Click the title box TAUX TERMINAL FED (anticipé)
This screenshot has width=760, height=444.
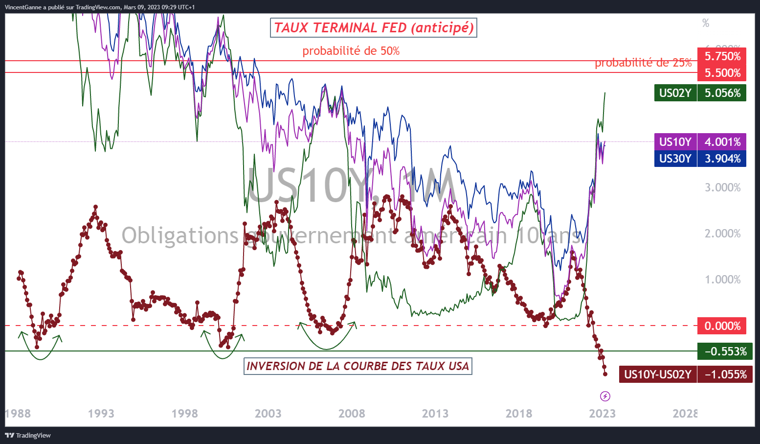click(373, 28)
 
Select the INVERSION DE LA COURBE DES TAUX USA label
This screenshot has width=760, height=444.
click(358, 366)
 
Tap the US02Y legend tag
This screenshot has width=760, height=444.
click(675, 93)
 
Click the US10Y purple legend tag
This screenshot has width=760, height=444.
click(675, 142)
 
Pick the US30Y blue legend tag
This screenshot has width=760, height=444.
click(675, 159)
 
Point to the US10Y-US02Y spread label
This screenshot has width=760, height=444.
click(658, 374)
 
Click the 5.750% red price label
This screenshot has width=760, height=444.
click(722, 56)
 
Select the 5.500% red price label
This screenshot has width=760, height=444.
click(722, 73)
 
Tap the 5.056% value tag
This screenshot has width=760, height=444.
click(722, 93)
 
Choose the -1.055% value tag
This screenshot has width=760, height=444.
click(725, 374)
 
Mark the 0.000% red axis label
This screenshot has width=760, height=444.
click(722, 326)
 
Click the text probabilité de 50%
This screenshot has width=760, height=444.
click(351, 51)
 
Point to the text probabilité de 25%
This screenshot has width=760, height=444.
click(643, 63)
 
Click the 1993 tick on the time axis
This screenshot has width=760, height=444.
click(101, 414)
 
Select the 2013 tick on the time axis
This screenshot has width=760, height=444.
click(435, 414)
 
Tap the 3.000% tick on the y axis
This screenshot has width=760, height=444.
click(722, 187)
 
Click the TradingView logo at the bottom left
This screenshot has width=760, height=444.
click(28, 435)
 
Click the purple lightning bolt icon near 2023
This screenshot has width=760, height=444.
click(605, 396)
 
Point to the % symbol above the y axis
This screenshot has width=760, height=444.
click(705, 23)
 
